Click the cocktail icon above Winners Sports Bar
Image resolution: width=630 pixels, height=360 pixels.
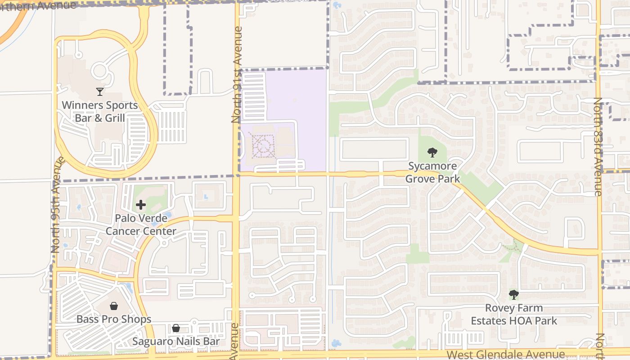point(100,92)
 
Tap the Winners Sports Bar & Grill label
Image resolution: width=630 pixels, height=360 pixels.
point(100,112)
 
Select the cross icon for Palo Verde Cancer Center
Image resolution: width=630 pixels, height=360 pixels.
point(141,205)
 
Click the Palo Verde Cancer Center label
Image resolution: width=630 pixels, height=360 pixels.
point(141,225)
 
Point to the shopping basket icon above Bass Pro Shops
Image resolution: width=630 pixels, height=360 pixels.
point(114,306)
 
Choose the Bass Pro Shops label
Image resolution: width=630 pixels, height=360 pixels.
point(114,319)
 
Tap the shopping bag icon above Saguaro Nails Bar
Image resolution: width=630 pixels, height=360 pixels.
point(176,328)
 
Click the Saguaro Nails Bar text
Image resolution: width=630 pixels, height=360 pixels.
point(176,342)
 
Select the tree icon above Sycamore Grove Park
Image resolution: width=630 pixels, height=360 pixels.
point(432,153)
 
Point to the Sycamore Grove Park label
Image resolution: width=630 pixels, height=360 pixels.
point(432,172)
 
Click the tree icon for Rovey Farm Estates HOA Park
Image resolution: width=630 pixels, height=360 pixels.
point(514,295)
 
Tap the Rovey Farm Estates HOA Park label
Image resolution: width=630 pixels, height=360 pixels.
point(514,315)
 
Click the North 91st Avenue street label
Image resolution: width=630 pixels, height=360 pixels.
point(237,74)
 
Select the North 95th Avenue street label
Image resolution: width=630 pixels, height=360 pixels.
point(55,205)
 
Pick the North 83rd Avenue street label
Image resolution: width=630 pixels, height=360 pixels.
point(598,146)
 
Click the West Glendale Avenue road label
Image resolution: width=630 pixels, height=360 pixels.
point(506,355)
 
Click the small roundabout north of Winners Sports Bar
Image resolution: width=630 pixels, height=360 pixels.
point(99,71)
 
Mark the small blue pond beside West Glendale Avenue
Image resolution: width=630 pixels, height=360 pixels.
point(336,343)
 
